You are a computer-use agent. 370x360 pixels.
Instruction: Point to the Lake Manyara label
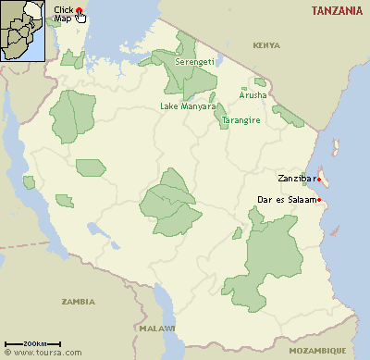pyautogui.click(x=188, y=106)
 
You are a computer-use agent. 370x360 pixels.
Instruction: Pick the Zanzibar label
pyautogui.click(x=295, y=178)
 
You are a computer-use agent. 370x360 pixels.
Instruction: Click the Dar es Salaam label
pyautogui.click(x=284, y=200)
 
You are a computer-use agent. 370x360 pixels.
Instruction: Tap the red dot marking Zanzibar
pyautogui.click(x=318, y=179)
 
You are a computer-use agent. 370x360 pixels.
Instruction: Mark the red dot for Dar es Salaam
pyautogui.click(x=318, y=200)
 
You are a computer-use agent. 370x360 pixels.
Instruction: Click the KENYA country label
pyautogui.click(x=265, y=44)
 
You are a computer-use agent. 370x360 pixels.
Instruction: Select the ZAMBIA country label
pyautogui.click(x=78, y=302)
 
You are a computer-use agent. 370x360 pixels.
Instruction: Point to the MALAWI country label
pyautogui.click(x=159, y=329)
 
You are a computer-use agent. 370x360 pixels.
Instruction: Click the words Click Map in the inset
pyautogui.click(x=63, y=13)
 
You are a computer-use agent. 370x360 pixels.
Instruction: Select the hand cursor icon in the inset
pyautogui.click(x=80, y=16)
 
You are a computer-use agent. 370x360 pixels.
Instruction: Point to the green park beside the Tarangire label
pyautogui.click(x=221, y=115)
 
